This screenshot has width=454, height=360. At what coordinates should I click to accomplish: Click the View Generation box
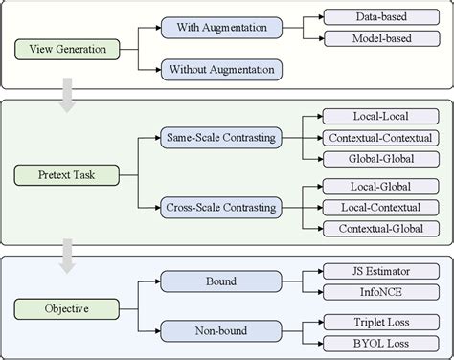67,49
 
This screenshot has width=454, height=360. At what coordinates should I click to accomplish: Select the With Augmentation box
221,28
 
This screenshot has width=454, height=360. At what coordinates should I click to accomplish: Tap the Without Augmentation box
221,70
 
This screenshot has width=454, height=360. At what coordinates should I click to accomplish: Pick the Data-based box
381,17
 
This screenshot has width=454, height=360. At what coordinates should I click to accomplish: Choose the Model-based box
382,38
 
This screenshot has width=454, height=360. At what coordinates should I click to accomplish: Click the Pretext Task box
67,175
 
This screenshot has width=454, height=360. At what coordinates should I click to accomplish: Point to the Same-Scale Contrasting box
221,138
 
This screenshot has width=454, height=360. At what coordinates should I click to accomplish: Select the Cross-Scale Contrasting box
221,208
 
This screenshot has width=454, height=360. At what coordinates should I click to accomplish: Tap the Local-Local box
381,117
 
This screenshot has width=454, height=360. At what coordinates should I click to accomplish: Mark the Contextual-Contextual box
381,138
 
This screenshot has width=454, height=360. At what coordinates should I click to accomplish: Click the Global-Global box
381,159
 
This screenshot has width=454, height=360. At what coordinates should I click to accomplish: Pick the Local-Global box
381,187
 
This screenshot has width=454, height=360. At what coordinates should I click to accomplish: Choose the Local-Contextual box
381,208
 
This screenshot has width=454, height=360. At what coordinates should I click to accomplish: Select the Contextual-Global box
381,229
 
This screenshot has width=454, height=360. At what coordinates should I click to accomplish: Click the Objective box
67,309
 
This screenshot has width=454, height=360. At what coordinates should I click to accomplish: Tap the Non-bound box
221,331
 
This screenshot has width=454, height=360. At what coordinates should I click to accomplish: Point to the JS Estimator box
381,271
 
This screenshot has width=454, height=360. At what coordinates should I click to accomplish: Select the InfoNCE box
381,292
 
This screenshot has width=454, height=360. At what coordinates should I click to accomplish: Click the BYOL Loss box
381,344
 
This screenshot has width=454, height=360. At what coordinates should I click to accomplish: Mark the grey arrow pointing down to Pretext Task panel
67,95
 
